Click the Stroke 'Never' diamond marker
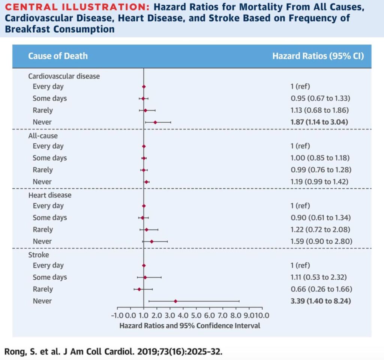point(175,301)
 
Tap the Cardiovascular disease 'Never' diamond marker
point(155,122)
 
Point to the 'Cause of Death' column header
point(58,56)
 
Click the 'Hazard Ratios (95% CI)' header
point(318,56)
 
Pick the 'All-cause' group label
point(43,136)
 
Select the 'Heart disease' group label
point(50,195)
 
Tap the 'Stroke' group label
point(39,255)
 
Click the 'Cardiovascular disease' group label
point(64,76)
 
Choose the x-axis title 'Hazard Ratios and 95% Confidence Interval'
point(190,325)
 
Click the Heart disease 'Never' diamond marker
point(151,241)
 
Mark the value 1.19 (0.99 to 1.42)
point(316,182)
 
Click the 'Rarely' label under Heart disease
point(42,229)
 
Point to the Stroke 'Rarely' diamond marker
point(139,289)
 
